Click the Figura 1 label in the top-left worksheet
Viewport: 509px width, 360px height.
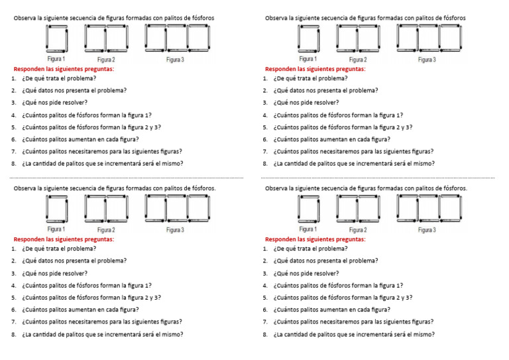(56, 59)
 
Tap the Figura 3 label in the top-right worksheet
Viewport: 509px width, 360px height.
(427, 60)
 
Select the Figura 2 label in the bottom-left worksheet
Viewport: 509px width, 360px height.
(106, 230)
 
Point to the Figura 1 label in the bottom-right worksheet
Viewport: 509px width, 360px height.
(308, 229)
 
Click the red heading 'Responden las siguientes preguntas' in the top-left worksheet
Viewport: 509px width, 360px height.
(64, 69)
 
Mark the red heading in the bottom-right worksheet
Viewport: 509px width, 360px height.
(315, 239)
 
